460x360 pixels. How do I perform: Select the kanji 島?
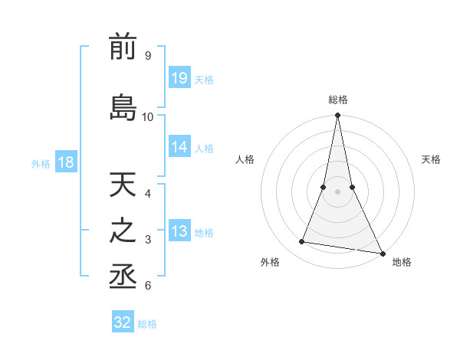pyautogui.click(x=123, y=106)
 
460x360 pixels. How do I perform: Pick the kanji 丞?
pyautogui.click(x=123, y=278)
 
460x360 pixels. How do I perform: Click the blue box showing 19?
pyautogui.click(x=179, y=78)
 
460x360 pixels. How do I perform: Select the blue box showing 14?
pyautogui.click(x=179, y=148)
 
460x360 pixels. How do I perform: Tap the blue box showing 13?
pyautogui.click(x=179, y=232)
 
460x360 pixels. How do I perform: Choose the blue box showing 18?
pyautogui.click(x=65, y=162)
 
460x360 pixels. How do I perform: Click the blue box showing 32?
pyautogui.click(x=123, y=322)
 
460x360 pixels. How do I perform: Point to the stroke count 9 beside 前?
pyautogui.click(x=147, y=56)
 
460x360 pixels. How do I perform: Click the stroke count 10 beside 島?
pyautogui.click(x=148, y=116)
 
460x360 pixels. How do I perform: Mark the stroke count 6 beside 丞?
pyautogui.click(x=147, y=286)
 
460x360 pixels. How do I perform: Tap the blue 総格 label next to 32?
pyautogui.click(x=148, y=324)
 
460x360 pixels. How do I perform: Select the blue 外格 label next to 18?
pyautogui.click(x=41, y=163)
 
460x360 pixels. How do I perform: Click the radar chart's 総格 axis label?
pyautogui.click(x=338, y=100)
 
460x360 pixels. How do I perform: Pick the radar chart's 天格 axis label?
pyautogui.click(x=431, y=159)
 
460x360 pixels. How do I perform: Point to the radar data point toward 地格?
pyautogui.click(x=381, y=253)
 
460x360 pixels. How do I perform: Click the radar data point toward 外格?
pyautogui.click(x=302, y=242)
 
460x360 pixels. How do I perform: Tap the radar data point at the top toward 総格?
pyautogui.click(x=337, y=116)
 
